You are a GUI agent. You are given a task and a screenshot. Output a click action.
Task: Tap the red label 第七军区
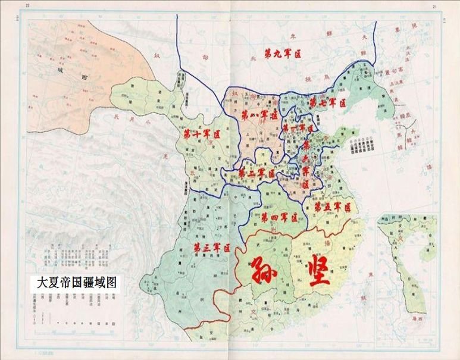coord(327,103)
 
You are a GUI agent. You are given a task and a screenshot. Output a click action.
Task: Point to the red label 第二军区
coord(256,173)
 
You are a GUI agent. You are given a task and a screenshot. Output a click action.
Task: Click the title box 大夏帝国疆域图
coord(76,283)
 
